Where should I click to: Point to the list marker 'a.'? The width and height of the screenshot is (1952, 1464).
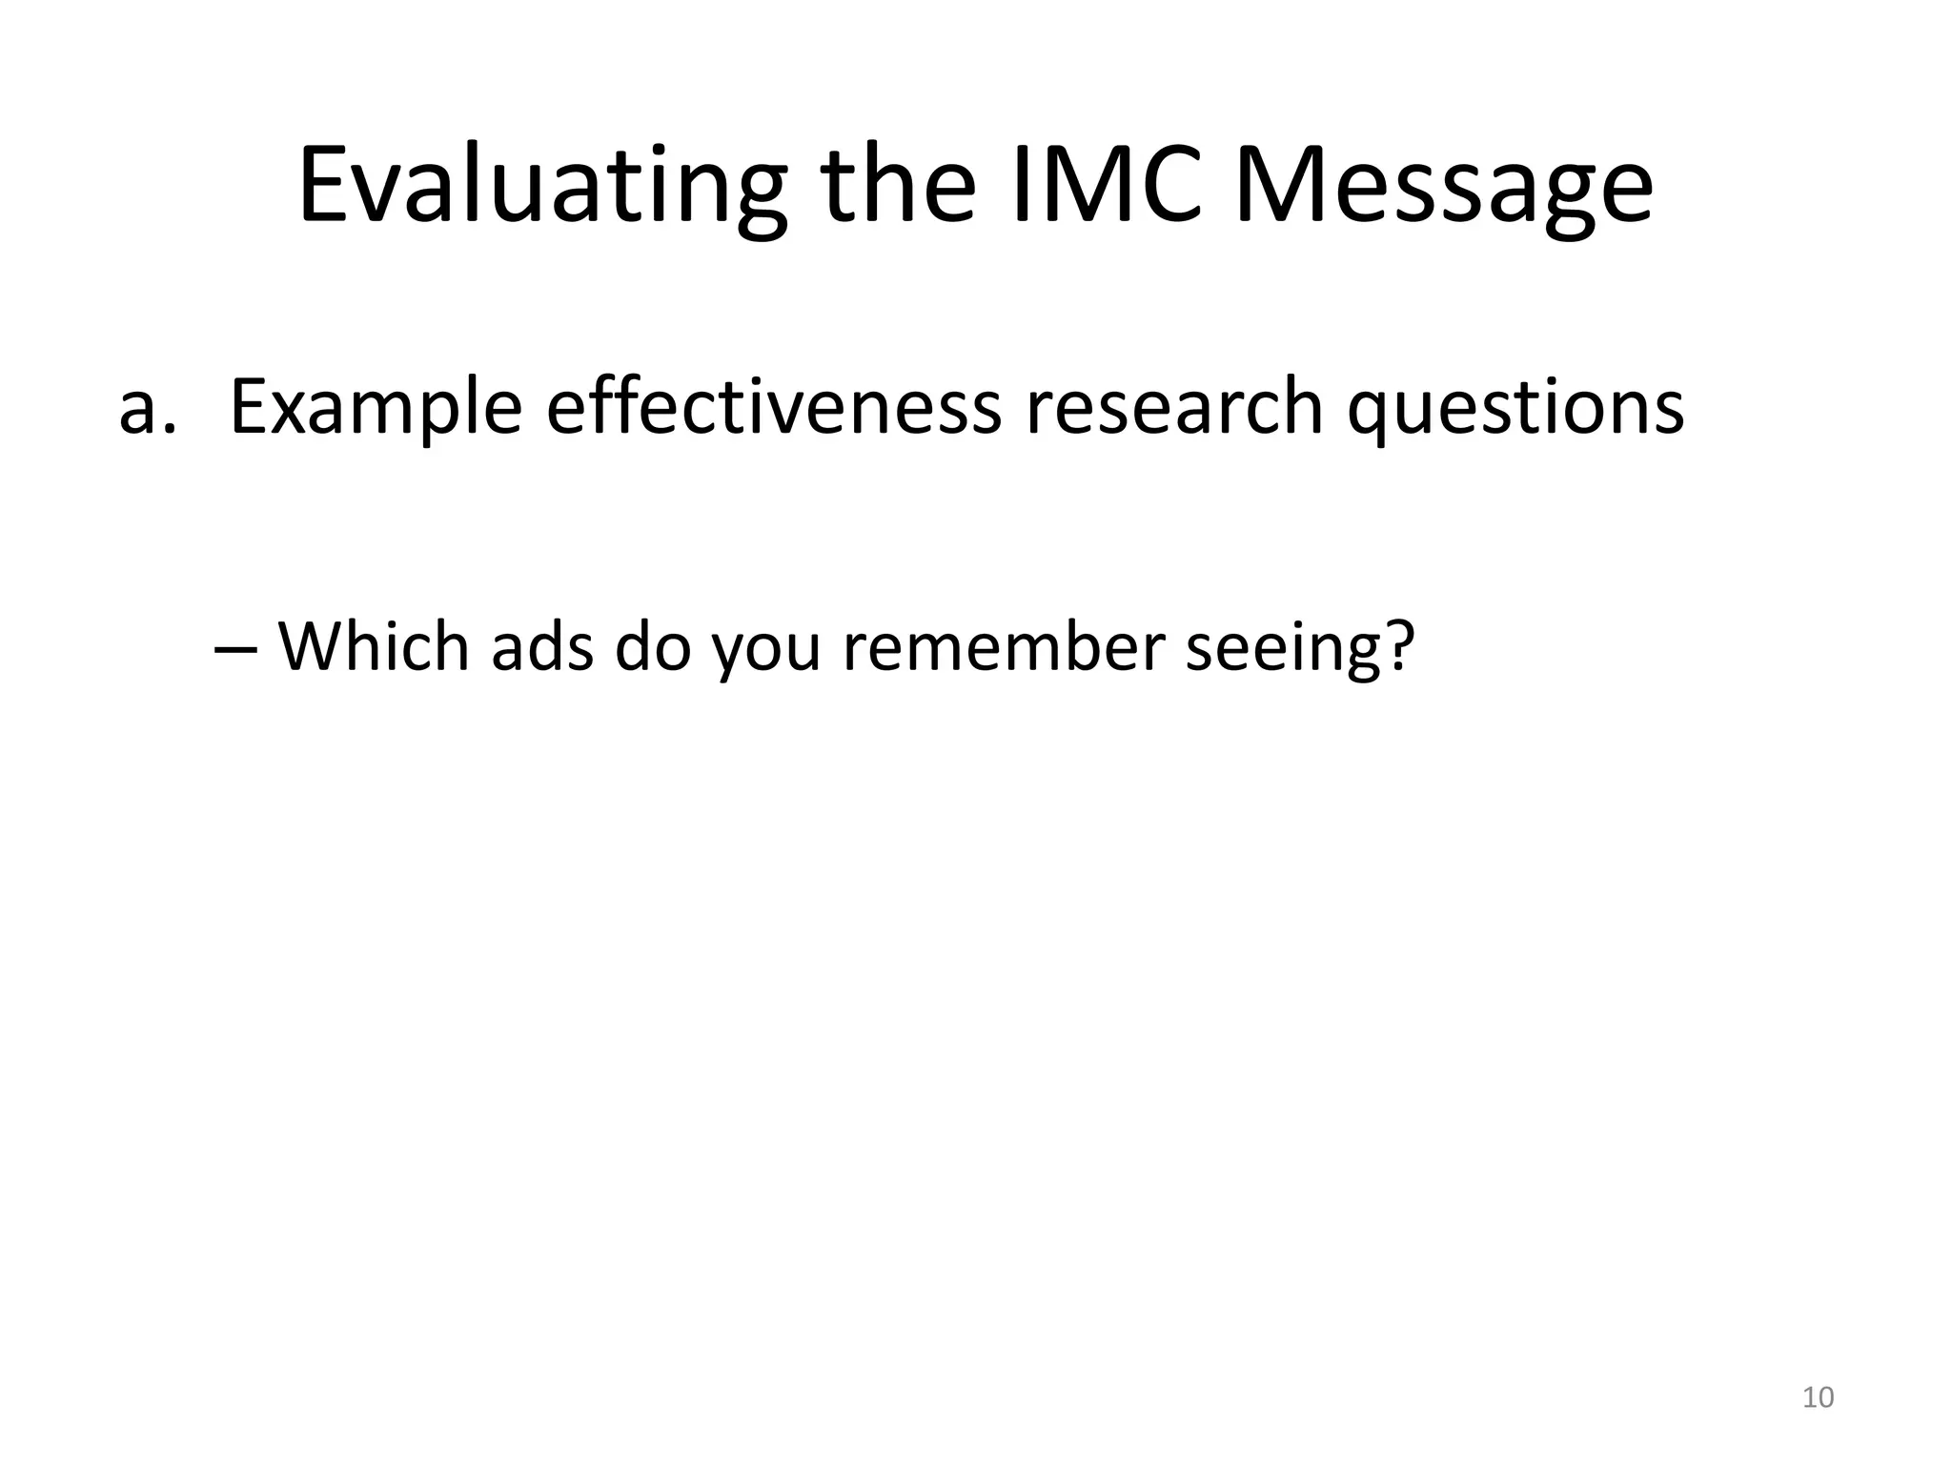tap(148, 408)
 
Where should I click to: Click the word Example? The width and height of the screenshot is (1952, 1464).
tap(376, 408)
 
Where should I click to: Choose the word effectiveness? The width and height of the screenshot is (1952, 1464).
tap(773, 408)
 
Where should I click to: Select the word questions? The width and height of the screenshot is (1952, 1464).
tap(1515, 408)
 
